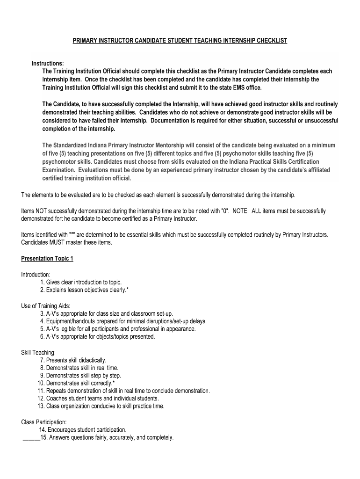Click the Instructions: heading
[x=48, y=64]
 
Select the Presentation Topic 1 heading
[x=47, y=259]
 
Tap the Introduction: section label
[x=36, y=275]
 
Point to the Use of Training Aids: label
[x=46, y=306]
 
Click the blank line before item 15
[x=30, y=438]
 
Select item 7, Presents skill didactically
[x=72, y=360]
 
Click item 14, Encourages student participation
[x=82, y=430]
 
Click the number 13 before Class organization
[x=40, y=406]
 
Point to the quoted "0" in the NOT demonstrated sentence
[x=224, y=211]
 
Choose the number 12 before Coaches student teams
[x=40, y=399]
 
